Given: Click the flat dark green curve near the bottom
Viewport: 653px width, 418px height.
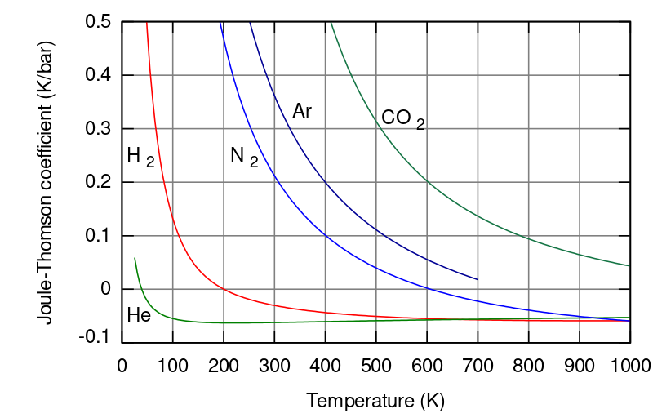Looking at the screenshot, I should click(x=245, y=322).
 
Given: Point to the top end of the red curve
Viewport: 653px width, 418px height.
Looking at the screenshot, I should click(x=147, y=23).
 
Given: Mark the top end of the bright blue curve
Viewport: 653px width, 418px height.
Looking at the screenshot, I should click(x=220, y=23).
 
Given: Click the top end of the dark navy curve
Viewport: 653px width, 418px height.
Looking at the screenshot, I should click(x=250, y=23).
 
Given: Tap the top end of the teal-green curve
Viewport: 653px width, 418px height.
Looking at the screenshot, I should click(x=331, y=23).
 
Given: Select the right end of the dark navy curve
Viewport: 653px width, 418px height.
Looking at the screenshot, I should click(x=478, y=279).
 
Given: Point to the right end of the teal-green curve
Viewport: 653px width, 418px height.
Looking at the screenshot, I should click(x=629, y=266).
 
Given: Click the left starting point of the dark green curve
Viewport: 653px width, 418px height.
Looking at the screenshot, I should click(x=135, y=258).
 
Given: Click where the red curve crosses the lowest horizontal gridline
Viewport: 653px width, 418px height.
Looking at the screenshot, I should click(x=224, y=289).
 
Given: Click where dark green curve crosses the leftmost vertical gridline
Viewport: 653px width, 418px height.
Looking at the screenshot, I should click(x=172, y=318).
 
